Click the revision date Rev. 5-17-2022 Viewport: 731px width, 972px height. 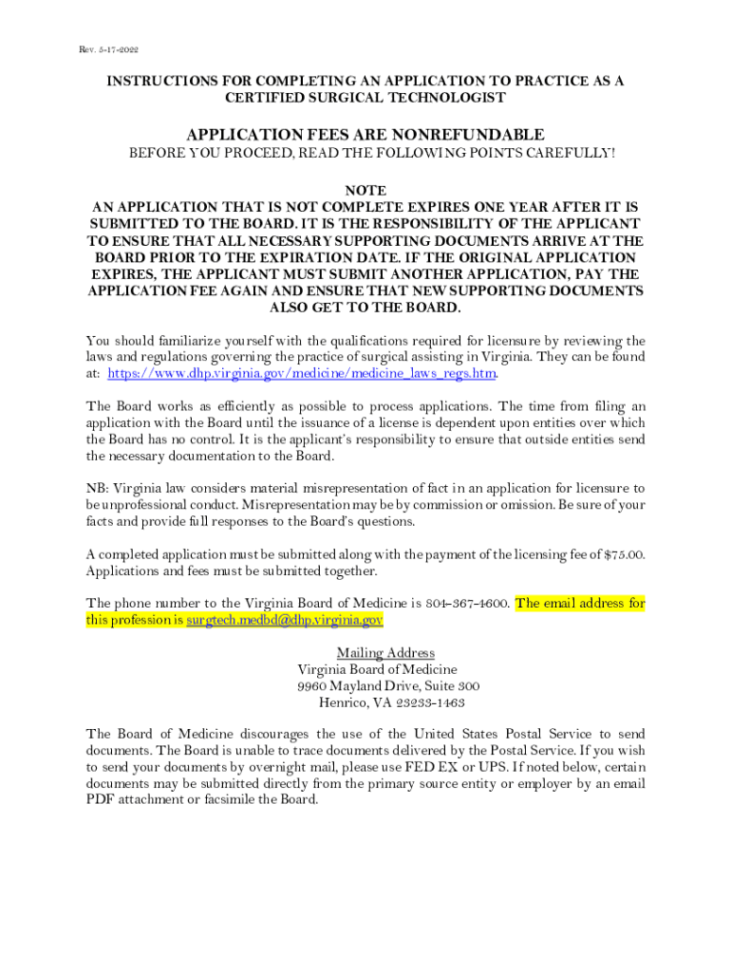[110, 49]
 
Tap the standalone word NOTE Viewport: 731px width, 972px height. [365, 190]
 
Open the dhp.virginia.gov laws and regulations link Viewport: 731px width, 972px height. [302, 373]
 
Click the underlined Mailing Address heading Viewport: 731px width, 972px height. [385, 653]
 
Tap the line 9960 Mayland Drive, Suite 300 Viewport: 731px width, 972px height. [388, 685]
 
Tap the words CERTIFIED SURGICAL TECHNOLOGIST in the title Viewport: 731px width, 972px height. [365, 98]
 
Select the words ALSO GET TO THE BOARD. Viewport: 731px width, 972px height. [365, 308]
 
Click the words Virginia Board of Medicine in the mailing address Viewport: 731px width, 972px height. [378, 669]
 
